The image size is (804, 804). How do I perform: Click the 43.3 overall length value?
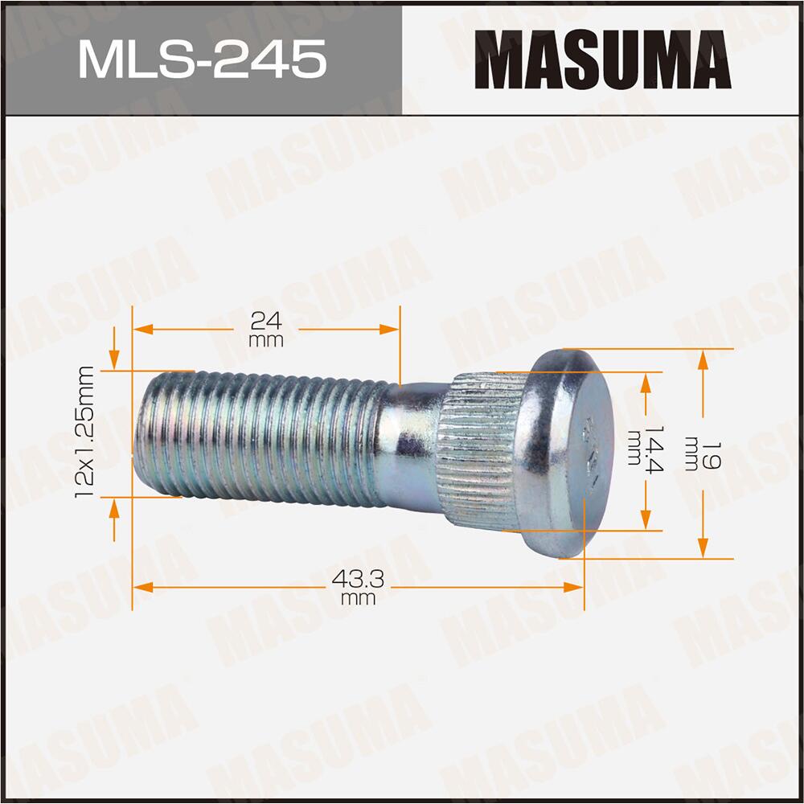tap(359, 578)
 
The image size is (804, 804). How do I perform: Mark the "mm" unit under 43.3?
tap(359, 598)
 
